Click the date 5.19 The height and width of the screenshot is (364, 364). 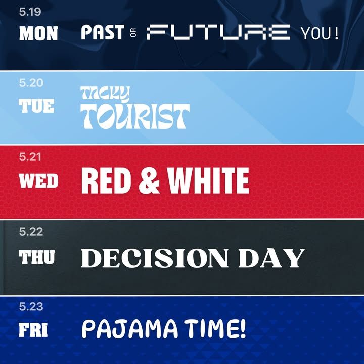[x=30, y=12]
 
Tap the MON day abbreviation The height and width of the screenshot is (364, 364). [x=38, y=33]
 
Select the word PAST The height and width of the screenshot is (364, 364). [x=102, y=32]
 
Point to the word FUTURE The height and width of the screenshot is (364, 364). [x=218, y=32]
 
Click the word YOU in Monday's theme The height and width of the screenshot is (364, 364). [x=316, y=33]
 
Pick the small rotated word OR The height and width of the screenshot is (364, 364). [x=133, y=33]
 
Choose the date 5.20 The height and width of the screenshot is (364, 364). [x=31, y=83]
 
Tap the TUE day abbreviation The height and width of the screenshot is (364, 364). [x=36, y=106]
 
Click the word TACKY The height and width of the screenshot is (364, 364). [x=105, y=94]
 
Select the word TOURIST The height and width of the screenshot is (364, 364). [x=135, y=116]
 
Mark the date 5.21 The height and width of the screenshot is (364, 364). [x=30, y=157]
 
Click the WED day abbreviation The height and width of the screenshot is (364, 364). [x=38, y=180]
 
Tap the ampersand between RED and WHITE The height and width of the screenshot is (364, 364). [x=149, y=180]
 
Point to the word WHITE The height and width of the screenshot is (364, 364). [x=208, y=180]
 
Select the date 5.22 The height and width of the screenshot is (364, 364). [x=31, y=232]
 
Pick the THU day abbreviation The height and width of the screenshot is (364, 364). [x=37, y=257]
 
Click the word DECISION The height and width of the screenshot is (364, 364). [x=155, y=258]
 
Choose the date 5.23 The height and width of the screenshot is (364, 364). [x=31, y=307]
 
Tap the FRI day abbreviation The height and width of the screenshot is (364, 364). [x=33, y=330]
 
